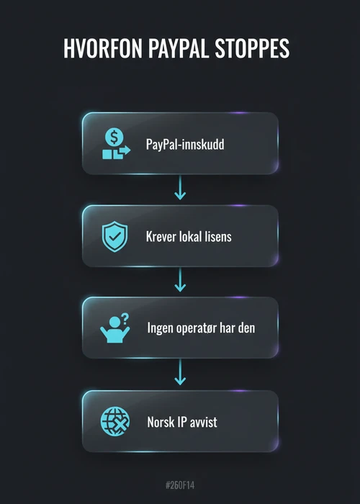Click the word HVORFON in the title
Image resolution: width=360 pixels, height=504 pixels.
click(102, 48)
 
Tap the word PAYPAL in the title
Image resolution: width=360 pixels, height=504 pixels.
click(178, 48)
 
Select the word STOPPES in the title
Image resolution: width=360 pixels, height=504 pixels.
click(252, 48)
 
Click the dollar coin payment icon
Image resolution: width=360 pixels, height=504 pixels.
click(116, 143)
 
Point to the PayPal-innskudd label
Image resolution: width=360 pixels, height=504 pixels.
click(185, 144)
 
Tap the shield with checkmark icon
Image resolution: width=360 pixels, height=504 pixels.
click(114, 236)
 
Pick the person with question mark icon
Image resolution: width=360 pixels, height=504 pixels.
click(115, 328)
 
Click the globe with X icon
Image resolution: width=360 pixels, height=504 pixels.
click(115, 421)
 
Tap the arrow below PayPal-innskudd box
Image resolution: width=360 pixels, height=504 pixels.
click(180, 188)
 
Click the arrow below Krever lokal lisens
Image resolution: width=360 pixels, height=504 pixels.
click(180, 279)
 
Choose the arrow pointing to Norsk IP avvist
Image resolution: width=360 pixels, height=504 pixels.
click(180, 372)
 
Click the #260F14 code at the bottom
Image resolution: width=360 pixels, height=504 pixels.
click(180, 485)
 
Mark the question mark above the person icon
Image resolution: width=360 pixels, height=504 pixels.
click(125, 318)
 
